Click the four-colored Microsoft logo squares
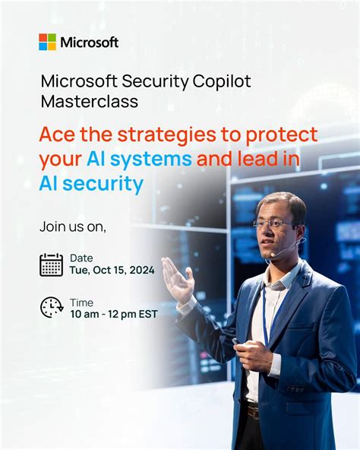click(x=48, y=42)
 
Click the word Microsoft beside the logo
click(x=90, y=42)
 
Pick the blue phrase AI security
click(x=91, y=184)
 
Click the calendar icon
click(x=51, y=265)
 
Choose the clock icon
click(x=52, y=307)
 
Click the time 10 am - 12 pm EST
click(x=114, y=313)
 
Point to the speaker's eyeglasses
click(x=274, y=224)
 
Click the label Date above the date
click(x=81, y=258)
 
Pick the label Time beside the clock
click(x=81, y=301)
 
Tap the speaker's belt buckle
click(x=252, y=411)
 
